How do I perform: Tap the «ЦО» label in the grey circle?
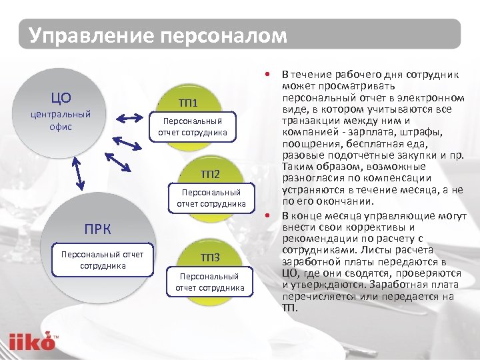click(x=61, y=99)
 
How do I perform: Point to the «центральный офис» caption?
click(x=61, y=120)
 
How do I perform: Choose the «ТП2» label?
click(x=211, y=174)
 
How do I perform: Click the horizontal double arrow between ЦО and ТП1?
click(x=131, y=118)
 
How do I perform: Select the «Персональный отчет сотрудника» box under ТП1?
click(x=193, y=127)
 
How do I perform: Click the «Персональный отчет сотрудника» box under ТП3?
click(x=210, y=281)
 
